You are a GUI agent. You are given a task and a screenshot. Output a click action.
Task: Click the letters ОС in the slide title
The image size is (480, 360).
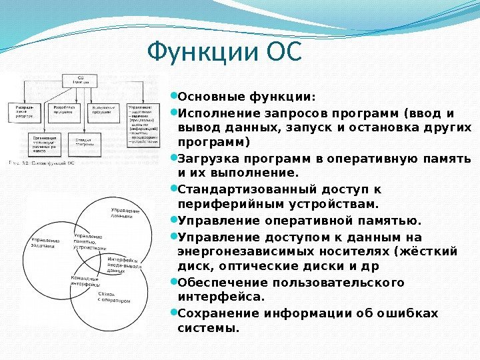(284, 51)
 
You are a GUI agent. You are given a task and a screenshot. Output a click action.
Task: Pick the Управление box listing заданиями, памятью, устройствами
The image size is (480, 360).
(144, 123)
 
